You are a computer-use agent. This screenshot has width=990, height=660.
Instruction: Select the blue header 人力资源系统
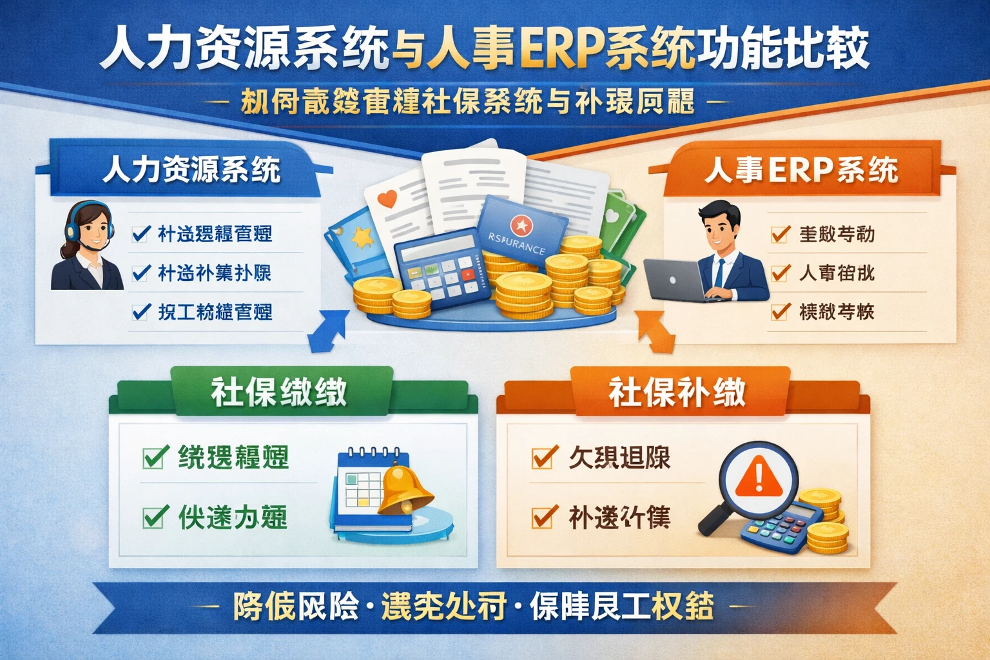pos(191,170)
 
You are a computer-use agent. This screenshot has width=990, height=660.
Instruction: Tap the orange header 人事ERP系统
pos(801,170)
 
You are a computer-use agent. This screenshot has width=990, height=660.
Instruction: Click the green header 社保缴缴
pos(279,391)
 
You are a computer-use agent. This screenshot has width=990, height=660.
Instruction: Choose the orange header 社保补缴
pos(677,391)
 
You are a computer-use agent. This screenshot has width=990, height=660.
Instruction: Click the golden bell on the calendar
pos(403,490)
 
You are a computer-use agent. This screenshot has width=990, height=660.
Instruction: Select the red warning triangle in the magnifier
pos(758,478)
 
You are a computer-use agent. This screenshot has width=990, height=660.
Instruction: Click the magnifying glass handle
pos(713,519)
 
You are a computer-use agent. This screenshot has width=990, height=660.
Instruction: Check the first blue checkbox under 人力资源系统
pos(141,233)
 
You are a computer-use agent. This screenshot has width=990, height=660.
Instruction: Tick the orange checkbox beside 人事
pos(780,273)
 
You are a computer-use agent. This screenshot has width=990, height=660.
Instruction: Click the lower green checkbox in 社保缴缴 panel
pos(155,517)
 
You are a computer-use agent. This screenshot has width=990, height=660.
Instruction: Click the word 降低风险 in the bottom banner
pos(296,606)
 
